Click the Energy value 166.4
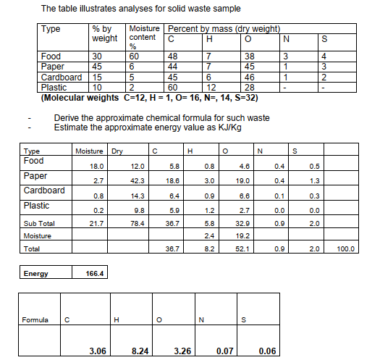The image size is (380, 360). click(x=93, y=274)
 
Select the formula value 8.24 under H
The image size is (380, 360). click(x=141, y=351)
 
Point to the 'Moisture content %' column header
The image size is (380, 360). click(x=144, y=37)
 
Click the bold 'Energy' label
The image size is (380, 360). click(x=35, y=274)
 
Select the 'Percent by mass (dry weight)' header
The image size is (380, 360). click(x=224, y=28)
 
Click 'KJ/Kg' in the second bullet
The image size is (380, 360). click(x=217, y=127)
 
